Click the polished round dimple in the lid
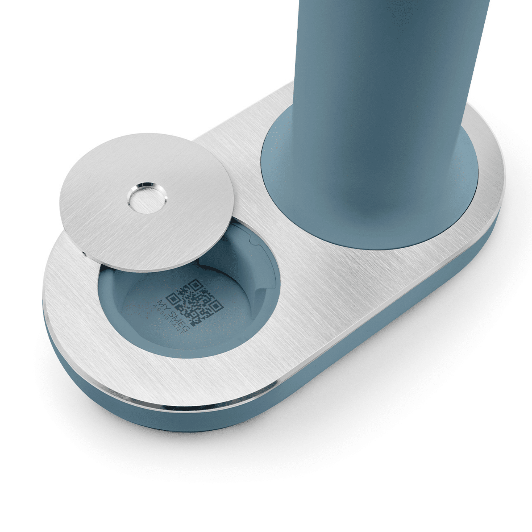pos(147,198)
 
